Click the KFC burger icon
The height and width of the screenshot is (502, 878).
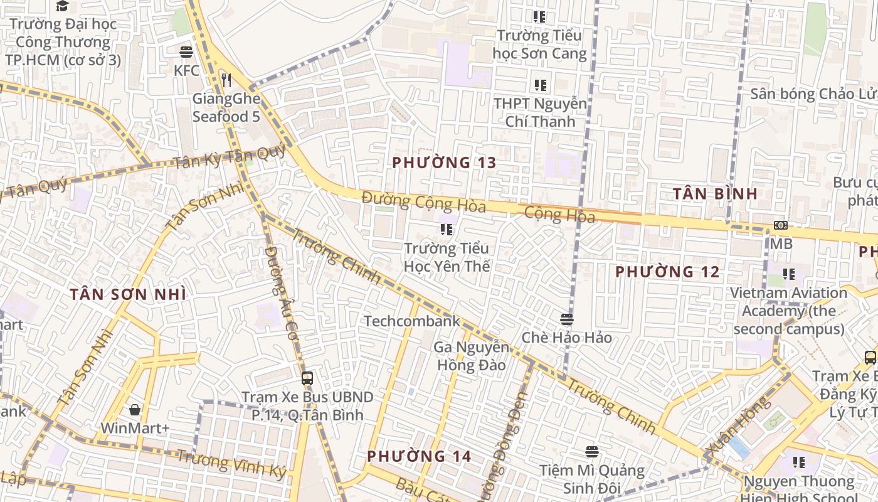(186, 51)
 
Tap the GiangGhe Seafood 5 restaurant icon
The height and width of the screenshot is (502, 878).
(226, 80)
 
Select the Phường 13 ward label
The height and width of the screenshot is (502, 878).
(444, 163)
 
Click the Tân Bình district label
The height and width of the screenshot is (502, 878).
(715, 193)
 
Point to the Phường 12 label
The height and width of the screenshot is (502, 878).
(667, 272)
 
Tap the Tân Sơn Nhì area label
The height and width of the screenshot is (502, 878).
(128, 294)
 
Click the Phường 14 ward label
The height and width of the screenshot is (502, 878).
(419, 456)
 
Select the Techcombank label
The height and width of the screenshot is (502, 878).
(412, 321)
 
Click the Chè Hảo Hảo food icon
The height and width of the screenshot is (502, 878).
(567, 319)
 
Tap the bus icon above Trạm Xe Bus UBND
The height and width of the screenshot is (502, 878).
(307, 378)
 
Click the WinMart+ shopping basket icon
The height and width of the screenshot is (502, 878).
(135, 410)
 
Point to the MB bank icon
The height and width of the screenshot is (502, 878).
(781, 225)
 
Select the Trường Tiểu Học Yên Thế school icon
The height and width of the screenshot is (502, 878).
(446, 230)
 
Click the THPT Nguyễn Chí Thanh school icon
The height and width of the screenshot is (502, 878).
(540, 85)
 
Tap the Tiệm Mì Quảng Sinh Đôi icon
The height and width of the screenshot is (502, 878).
(591, 451)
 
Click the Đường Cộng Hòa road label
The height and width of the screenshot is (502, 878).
(423, 202)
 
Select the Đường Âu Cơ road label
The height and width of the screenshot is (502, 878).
(280, 292)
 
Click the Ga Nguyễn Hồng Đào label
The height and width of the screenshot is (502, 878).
(471, 356)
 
